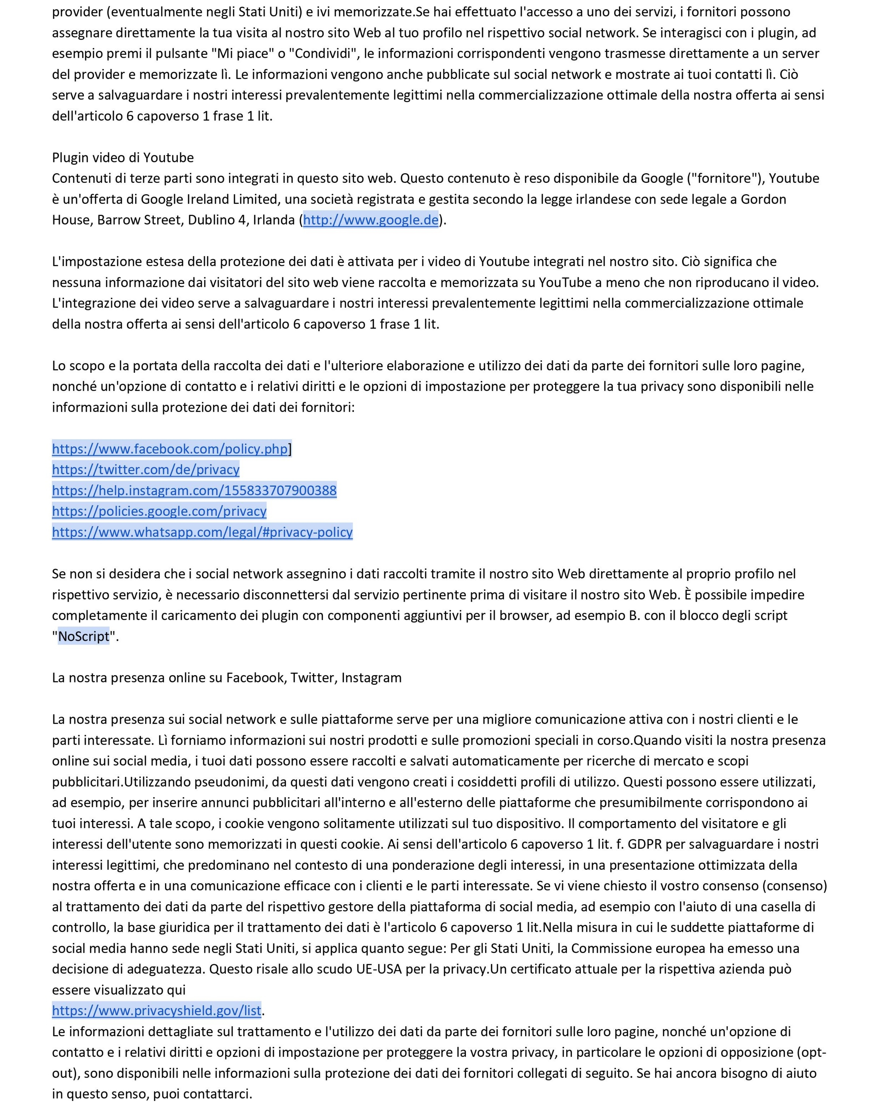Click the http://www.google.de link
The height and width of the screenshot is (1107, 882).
(x=371, y=220)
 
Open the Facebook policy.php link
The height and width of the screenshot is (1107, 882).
(x=170, y=449)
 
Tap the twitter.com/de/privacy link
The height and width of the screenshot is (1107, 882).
(x=146, y=470)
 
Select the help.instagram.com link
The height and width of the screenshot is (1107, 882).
(x=194, y=491)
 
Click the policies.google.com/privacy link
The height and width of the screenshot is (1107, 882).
(x=159, y=511)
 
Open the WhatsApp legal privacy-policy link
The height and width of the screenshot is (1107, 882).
(x=202, y=532)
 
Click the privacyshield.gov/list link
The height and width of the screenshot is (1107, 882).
(x=157, y=1011)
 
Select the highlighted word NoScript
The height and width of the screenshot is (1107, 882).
(x=84, y=637)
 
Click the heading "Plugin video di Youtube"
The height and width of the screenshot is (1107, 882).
(x=123, y=158)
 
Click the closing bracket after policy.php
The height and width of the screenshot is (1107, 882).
(x=290, y=449)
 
